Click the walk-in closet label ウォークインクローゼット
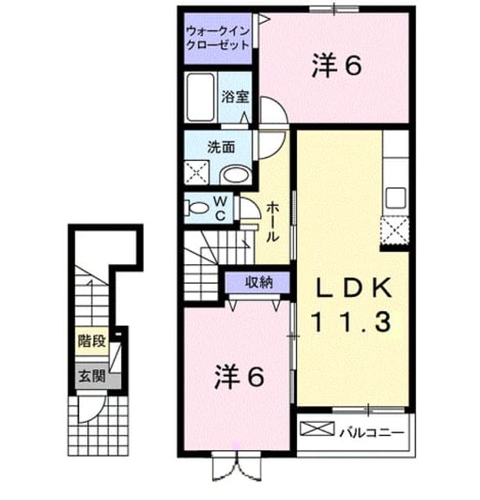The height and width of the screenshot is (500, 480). pyautogui.click(x=217, y=38)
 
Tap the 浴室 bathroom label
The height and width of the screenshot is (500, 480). pyautogui.click(x=235, y=97)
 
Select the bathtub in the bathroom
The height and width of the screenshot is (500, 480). pyautogui.click(x=200, y=97)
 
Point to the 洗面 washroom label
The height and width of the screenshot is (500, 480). pyautogui.click(x=221, y=147)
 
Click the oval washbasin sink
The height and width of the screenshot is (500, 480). pyautogui.click(x=236, y=175)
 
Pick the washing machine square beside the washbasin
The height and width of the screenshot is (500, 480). pyautogui.click(x=196, y=173)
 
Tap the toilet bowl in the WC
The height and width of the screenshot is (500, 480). pyautogui.click(x=195, y=209)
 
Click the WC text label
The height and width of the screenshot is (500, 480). pyautogui.click(x=220, y=209)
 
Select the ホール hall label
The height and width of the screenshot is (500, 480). pyautogui.click(x=273, y=222)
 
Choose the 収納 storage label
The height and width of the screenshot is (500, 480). pyautogui.click(x=259, y=282)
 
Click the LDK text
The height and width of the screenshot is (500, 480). pyautogui.click(x=353, y=288)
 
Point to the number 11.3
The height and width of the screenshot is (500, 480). pyautogui.click(x=351, y=321)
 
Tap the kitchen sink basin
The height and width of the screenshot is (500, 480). pyautogui.click(x=396, y=198)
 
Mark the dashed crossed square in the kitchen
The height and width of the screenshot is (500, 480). pyautogui.click(x=395, y=230)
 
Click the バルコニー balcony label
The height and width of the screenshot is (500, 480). pyautogui.click(x=371, y=433)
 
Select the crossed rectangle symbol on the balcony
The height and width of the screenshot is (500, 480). pyautogui.click(x=317, y=429)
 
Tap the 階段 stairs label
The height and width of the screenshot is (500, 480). pyautogui.click(x=91, y=341)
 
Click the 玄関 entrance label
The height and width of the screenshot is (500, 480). pyautogui.click(x=91, y=376)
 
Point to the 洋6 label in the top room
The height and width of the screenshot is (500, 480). pyautogui.click(x=337, y=66)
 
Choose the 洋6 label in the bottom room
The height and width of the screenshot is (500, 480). pyautogui.click(x=239, y=377)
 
